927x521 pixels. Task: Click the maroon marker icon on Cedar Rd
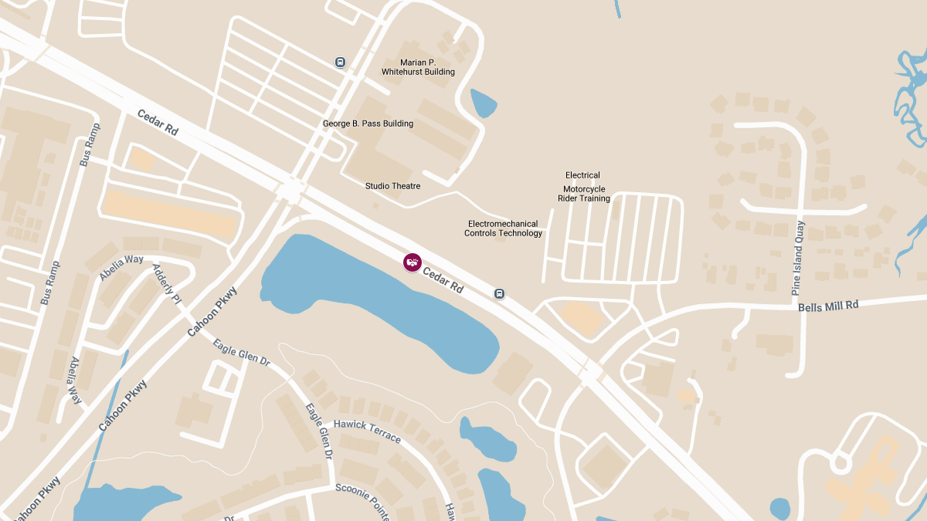click(413, 262)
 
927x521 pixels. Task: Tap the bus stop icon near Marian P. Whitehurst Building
click(341, 63)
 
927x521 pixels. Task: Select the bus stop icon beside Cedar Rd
click(500, 293)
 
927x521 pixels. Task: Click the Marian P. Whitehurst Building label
click(418, 67)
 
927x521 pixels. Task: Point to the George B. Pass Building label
click(368, 123)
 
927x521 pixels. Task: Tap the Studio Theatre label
click(392, 186)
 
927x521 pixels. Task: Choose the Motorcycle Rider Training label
click(584, 194)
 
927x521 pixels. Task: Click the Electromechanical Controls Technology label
click(503, 228)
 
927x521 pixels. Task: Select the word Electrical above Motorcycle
click(582, 175)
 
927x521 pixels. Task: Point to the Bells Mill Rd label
click(828, 306)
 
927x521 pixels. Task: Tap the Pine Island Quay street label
click(797, 259)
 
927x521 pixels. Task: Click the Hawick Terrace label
click(367, 431)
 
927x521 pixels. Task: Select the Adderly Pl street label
click(167, 284)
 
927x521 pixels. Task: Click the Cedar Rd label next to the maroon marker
click(443, 279)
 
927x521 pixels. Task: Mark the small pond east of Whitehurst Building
click(484, 103)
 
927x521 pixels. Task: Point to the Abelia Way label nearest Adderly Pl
click(121, 267)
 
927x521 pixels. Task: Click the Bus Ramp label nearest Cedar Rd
click(90, 145)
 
